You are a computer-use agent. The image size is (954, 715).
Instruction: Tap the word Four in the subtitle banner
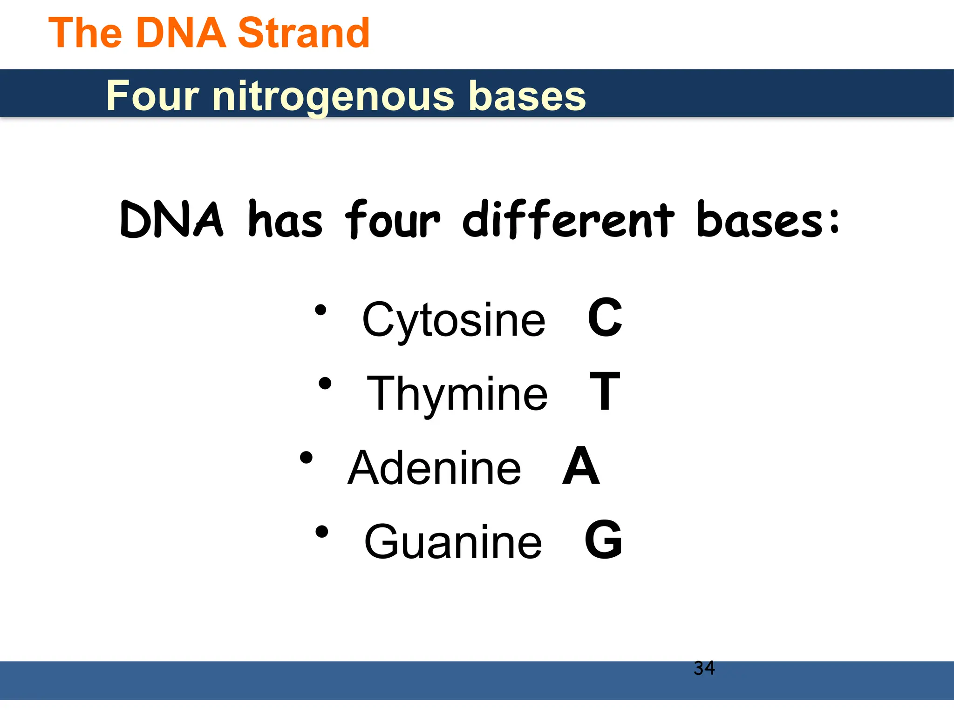pyautogui.click(x=153, y=95)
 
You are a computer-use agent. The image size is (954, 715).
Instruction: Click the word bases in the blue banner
pyautogui.click(x=527, y=95)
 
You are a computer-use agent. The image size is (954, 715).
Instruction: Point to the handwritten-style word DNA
pyautogui.click(x=171, y=220)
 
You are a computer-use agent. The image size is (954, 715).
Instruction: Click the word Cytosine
pyautogui.click(x=453, y=320)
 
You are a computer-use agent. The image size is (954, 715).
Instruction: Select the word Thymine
pyautogui.click(x=457, y=394)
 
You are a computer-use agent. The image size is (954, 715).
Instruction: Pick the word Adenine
pyautogui.click(x=434, y=468)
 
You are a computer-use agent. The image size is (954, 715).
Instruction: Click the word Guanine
pyautogui.click(x=453, y=541)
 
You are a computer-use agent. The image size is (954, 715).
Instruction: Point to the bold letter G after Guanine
pyautogui.click(x=603, y=540)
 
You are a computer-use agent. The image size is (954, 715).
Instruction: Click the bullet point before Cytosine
pyautogui.click(x=320, y=310)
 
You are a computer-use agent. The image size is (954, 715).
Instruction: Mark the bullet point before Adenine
pyautogui.click(x=306, y=458)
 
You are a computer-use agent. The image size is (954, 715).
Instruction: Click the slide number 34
pyautogui.click(x=704, y=668)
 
